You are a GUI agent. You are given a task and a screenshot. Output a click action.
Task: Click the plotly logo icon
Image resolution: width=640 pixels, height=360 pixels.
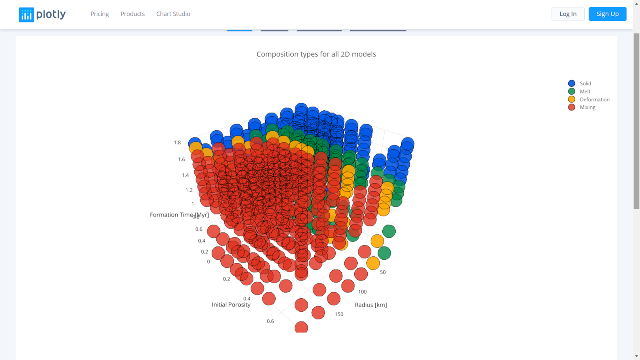(26, 15)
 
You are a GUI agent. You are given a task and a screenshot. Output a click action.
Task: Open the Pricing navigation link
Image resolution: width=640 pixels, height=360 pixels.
(100, 14)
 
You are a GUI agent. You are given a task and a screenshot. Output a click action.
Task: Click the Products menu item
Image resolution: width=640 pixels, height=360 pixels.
(132, 14)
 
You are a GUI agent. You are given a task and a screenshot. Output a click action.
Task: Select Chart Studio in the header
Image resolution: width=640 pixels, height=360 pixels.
(173, 14)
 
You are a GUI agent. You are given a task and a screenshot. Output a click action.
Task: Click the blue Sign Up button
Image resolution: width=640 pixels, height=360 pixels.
(607, 14)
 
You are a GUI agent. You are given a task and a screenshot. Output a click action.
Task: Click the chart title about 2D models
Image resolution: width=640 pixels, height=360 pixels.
(316, 54)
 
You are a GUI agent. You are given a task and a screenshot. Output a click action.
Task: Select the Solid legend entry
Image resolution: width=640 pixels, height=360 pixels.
(585, 84)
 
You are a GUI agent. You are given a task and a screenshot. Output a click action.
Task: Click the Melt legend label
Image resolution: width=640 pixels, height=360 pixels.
(585, 92)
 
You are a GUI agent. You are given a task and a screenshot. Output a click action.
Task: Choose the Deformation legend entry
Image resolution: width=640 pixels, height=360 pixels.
(594, 100)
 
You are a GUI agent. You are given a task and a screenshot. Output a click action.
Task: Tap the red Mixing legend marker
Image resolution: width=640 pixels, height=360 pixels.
(572, 107)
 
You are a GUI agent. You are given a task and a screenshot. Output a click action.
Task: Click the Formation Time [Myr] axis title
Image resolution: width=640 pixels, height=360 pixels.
(179, 215)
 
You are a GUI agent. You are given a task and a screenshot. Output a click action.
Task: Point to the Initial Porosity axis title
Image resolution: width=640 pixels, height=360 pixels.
(231, 305)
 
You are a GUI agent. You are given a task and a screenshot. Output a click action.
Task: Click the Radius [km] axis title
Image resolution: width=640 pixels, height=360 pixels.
(371, 305)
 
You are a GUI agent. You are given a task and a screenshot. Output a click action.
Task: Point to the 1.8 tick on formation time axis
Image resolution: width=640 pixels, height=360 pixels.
(177, 142)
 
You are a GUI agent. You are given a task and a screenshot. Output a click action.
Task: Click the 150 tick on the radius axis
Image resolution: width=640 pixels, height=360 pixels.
(339, 314)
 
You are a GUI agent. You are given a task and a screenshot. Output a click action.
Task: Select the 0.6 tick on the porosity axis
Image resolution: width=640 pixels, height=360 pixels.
(270, 321)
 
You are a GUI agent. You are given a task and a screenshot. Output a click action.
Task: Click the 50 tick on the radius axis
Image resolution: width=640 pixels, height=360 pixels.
(383, 272)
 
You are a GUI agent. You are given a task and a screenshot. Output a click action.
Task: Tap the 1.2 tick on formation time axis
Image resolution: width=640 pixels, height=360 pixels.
(189, 190)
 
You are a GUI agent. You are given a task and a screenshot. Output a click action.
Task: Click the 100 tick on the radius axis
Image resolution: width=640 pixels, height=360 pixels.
(362, 292)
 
